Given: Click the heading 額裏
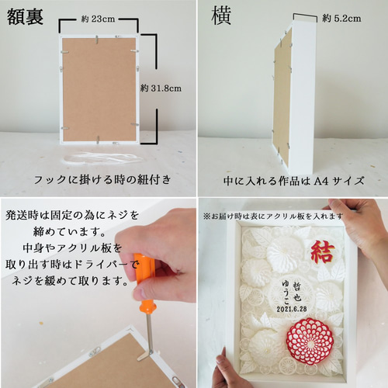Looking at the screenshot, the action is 25,16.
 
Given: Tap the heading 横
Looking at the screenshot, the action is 221,16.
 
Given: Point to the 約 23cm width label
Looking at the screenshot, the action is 98,19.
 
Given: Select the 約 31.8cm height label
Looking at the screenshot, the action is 161,88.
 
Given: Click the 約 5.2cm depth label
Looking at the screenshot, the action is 341,19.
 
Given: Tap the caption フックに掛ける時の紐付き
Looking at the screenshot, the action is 102,179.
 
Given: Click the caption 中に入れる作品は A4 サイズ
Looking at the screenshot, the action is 294,181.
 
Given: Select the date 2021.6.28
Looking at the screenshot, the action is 292,309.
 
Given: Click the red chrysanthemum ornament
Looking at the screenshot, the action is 310,341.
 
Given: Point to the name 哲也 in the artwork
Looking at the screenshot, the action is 297,292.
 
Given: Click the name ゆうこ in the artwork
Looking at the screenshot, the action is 286,293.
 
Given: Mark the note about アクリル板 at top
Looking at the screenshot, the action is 273,217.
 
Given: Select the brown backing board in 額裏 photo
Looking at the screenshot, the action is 99,89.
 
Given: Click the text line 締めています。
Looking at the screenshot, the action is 70,231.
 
